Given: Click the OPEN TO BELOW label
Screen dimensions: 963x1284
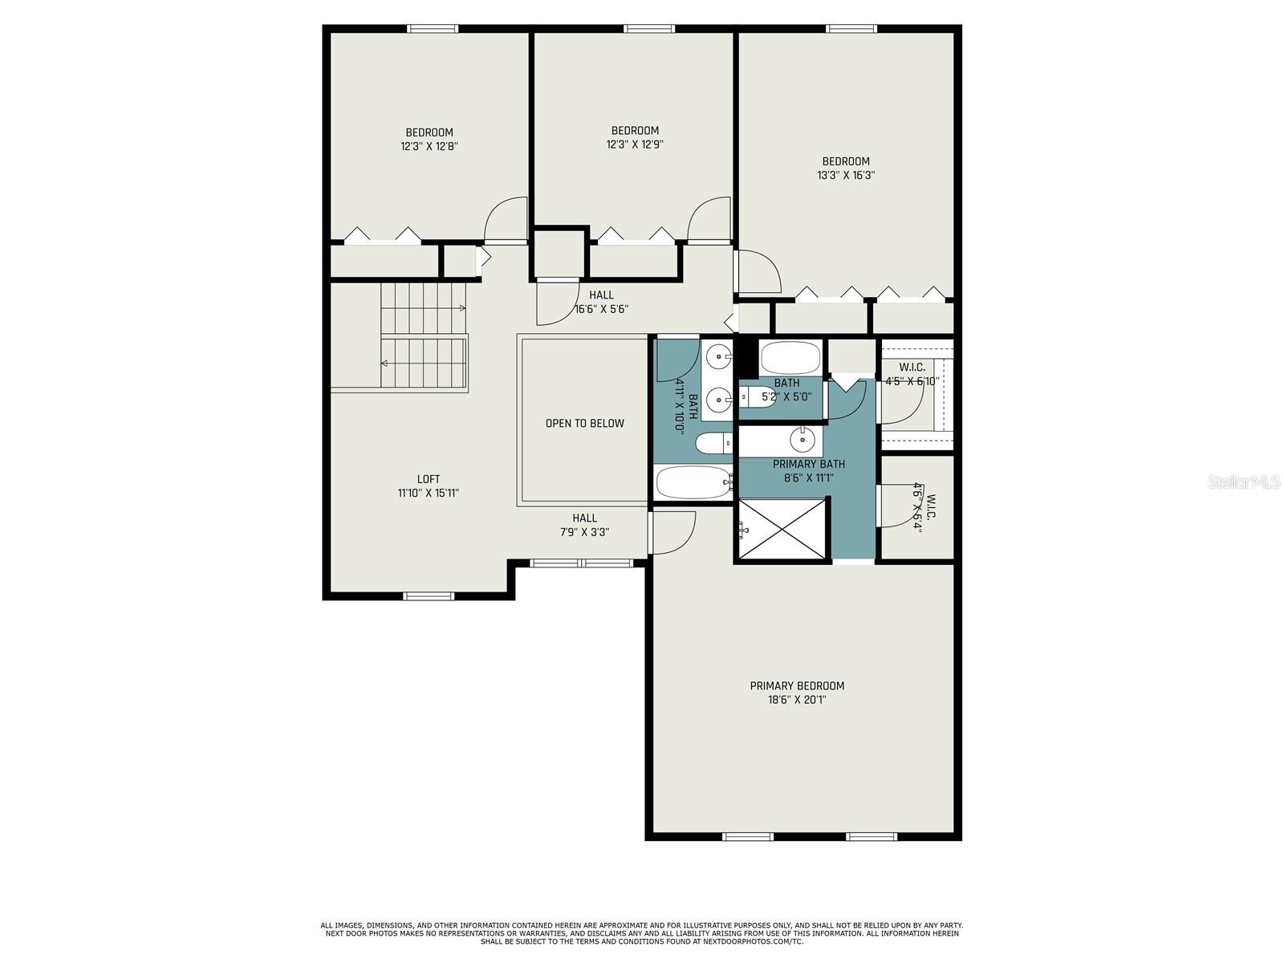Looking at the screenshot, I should tap(584, 423).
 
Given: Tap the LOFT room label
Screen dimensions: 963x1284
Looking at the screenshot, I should tap(429, 479).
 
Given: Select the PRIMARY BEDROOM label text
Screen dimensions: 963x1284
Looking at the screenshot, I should tap(797, 685).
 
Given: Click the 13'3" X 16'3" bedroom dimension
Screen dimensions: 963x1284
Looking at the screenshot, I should tap(846, 174).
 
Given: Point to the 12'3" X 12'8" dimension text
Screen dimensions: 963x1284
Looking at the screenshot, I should tap(429, 146).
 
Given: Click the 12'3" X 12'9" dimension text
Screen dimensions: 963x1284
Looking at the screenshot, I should tap(635, 144).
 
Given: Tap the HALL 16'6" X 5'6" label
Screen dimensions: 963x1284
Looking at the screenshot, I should tap(601, 302).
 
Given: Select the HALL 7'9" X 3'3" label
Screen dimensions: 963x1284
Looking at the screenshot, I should tap(584, 525).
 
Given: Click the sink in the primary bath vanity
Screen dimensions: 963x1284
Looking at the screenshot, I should tap(802, 440).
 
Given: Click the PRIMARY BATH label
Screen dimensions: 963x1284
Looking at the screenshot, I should tap(808, 464).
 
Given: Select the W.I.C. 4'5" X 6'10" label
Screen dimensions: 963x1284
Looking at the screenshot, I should tap(912, 374).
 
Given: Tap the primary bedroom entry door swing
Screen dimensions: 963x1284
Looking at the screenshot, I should tap(672, 531).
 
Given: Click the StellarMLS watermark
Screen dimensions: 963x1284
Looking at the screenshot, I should tap(1243, 481).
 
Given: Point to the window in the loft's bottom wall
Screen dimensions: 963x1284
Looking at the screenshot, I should tap(428, 595).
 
